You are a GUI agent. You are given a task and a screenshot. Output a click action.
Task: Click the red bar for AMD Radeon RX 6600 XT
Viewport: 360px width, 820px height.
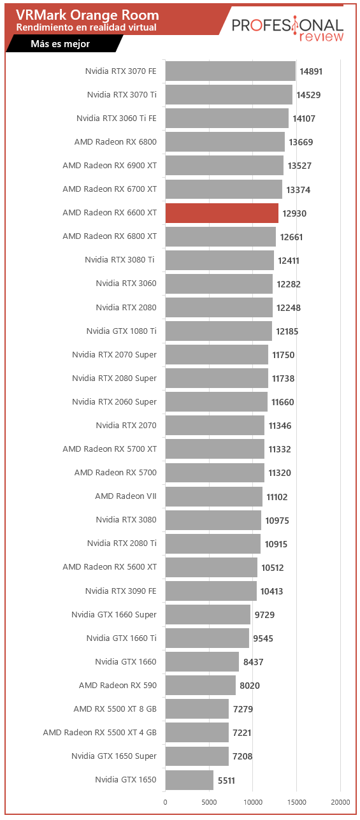pos(222,213)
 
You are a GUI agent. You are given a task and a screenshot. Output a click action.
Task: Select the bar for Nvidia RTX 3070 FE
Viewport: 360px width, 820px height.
pos(231,71)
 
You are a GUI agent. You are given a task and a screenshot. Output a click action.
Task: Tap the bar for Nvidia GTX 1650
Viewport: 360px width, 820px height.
pos(189,780)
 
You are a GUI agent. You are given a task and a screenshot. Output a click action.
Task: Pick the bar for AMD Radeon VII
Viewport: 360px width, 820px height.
pos(214,496)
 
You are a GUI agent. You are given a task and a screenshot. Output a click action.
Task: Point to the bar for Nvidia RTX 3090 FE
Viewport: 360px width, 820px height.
pos(211,591)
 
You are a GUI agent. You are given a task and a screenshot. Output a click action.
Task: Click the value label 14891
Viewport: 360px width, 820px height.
pos(311,71)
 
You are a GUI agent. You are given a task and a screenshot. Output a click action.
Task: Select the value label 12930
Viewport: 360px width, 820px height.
pos(294,213)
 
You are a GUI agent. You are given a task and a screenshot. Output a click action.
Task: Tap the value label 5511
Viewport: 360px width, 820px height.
pos(226,780)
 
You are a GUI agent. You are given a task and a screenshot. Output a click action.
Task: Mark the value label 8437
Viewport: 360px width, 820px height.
pos(253,662)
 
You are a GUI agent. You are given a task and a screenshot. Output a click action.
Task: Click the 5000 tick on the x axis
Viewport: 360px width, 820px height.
pos(209,802)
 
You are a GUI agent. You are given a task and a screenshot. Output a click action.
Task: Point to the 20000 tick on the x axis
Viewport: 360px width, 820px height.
pos(340,802)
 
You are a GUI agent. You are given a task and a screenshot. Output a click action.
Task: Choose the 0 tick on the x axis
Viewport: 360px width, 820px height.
pos(165,802)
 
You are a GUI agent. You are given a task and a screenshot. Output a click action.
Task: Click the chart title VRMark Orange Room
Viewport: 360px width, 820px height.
pos(87,15)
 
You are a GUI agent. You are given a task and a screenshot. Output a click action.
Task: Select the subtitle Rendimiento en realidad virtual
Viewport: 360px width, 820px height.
pos(87,27)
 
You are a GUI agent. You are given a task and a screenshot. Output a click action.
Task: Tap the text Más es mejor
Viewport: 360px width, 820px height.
pos(61,44)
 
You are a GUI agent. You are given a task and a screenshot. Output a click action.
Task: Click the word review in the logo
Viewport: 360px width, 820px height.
pos(321,36)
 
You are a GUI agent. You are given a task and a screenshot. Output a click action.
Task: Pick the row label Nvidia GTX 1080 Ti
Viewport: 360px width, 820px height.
pos(121,331)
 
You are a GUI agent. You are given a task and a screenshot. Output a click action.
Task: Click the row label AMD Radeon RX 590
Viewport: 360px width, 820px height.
pos(118,686)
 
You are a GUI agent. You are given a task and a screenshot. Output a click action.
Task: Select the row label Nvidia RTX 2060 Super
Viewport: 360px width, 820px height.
pos(114,402)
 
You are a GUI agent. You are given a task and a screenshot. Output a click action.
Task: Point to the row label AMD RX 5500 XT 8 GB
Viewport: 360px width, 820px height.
pos(115,709)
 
